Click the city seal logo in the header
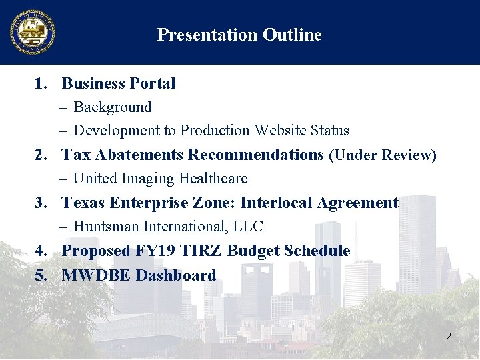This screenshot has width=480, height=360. [x=32, y=32]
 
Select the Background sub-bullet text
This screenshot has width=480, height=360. [x=113, y=107]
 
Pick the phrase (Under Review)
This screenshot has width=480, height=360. [x=383, y=155]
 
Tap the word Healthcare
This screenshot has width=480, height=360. [x=212, y=179]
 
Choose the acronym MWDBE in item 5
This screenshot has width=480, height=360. [x=96, y=275]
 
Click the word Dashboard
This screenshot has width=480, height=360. [x=176, y=275]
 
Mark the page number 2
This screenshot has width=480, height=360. [x=449, y=337]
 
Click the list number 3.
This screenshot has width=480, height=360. [x=41, y=203]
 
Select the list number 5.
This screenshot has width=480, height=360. [x=41, y=275]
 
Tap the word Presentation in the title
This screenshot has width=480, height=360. [x=207, y=35]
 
